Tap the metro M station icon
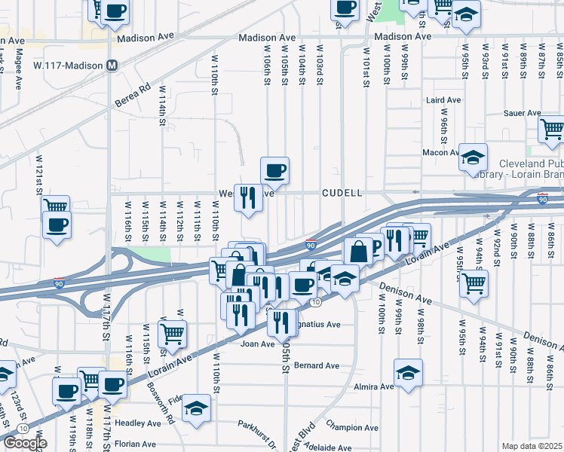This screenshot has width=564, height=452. (x=112, y=66)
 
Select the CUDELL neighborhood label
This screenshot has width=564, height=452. (x=342, y=193)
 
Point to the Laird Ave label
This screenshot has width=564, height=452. (x=443, y=99)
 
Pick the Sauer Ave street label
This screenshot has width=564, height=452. (x=523, y=113)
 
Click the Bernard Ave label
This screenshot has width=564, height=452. (x=316, y=365)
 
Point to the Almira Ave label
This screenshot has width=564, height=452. (x=375, y=386)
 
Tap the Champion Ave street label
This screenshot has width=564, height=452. (x=349, y=426)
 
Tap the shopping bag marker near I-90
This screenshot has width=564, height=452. (x=359, y=251)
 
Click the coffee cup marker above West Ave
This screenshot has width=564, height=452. (x=275, y=169)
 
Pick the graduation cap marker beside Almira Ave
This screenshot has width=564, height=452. (x=408, y=373)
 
